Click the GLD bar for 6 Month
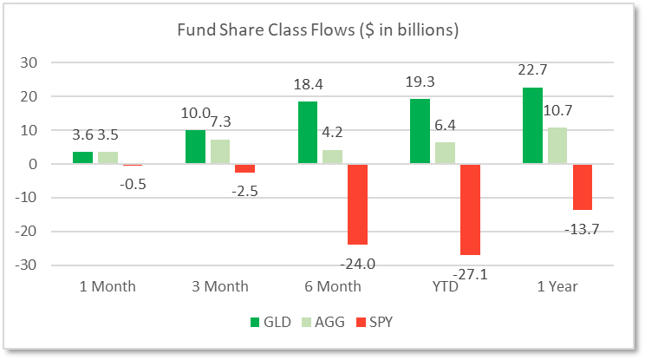(308, 133)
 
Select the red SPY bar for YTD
(470, 209)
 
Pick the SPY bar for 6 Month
(357, 204)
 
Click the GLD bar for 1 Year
(532, 126)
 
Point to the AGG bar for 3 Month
(220, 152)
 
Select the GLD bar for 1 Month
(82, 158)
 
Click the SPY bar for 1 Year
(582, 187)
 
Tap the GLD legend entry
(264, 323)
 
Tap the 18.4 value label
(308, 85)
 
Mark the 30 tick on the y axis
(30, 62)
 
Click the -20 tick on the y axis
(28, 232)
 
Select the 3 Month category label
(217, 286)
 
